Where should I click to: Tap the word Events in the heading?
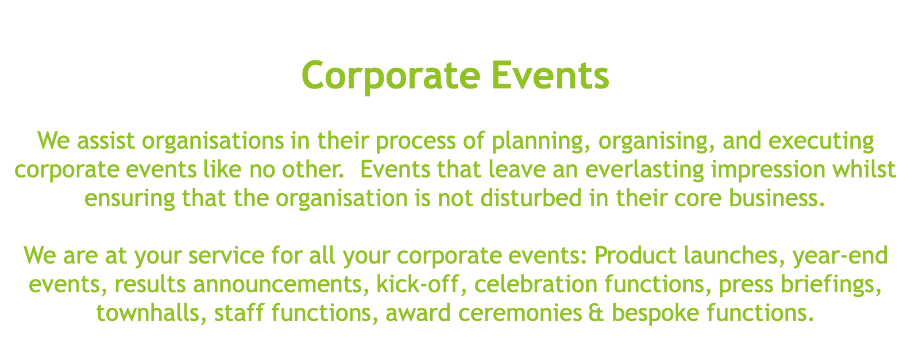[550, 75]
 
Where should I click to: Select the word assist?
[106, 141]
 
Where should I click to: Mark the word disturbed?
[531, 198]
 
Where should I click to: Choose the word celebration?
[536, 284]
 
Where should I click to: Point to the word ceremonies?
[520, 313]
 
